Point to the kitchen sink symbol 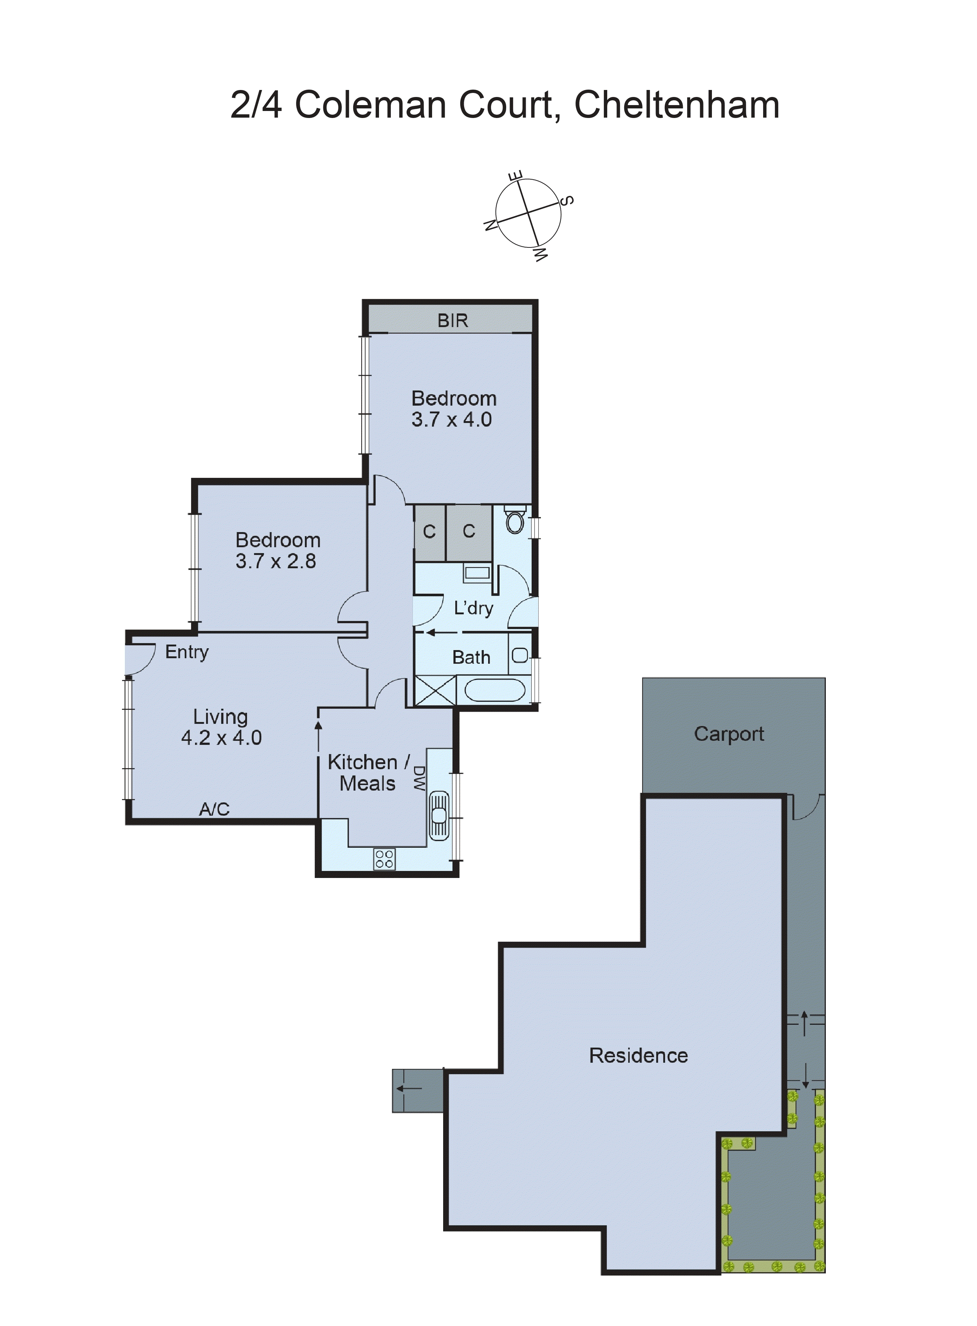(x=439, y=816)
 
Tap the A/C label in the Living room (x=214, y=809)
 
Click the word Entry (x=187, y=652)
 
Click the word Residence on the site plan (x=638, y=1056)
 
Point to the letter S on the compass (x=566, y=201)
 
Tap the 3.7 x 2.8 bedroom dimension (x=276, y=561)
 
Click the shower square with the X (x=435, y=690)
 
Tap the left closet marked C (x=430, y=532)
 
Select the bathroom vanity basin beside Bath (x=520, y=655)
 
